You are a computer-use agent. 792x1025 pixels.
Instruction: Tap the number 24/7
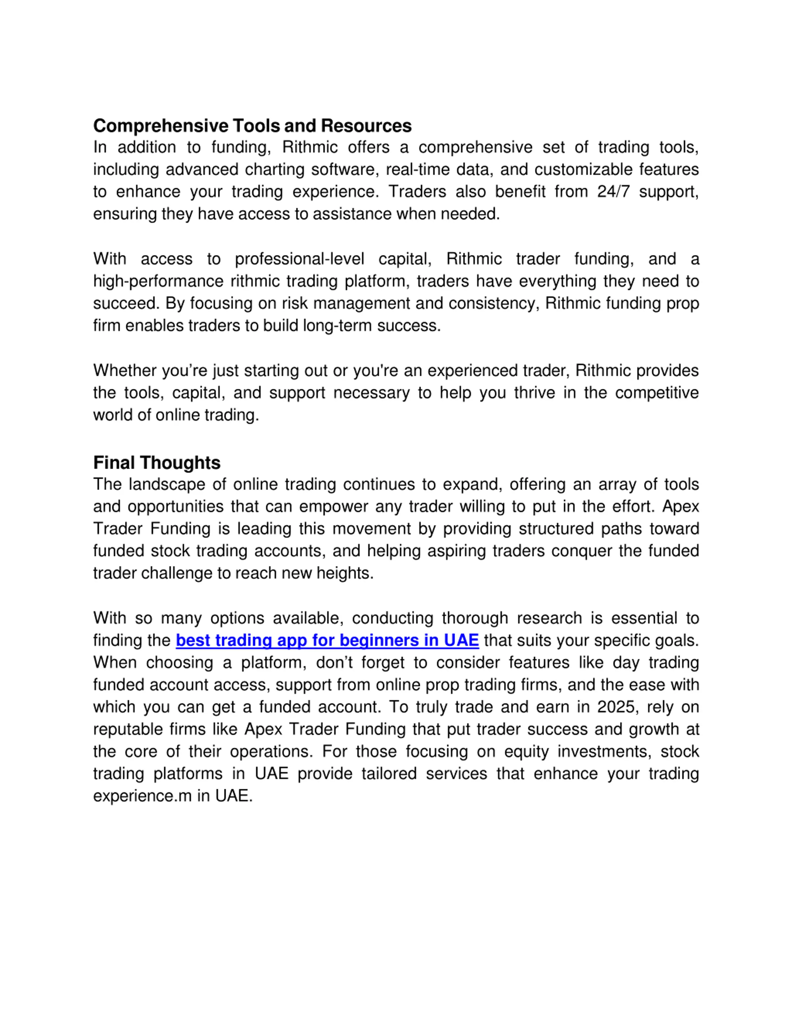(613, 192)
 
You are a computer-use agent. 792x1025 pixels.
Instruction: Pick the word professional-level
(299, 259)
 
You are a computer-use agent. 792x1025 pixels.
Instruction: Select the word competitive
(656, 393)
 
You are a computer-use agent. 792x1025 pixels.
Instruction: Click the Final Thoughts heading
(157, 463)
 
